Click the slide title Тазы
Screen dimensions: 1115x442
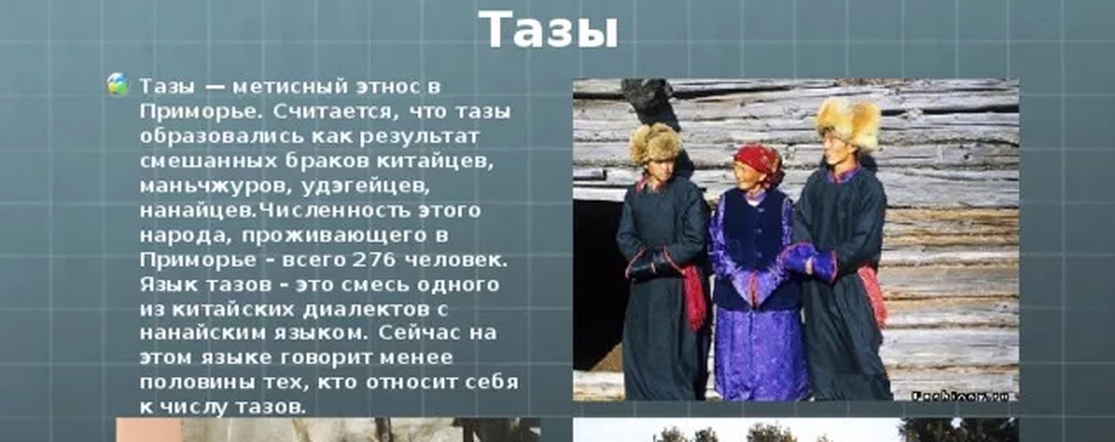tap(549, 30)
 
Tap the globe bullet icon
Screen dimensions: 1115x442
tap(118, 84)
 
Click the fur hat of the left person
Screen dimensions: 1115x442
tap(655, 144)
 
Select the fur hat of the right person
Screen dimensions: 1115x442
tap(848, 124)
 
